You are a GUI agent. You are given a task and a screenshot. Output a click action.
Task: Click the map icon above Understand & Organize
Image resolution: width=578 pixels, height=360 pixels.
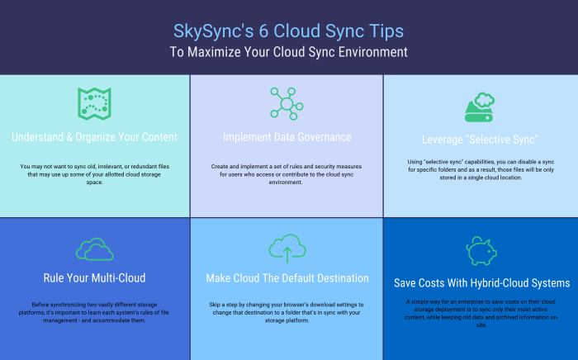click(x=95, y=102)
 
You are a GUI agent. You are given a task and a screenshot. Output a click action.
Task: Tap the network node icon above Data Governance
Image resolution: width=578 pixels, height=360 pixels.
click(x=287, y=104)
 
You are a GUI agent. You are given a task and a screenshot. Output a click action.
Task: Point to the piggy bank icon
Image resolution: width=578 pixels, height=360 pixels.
click(x=480, y=249)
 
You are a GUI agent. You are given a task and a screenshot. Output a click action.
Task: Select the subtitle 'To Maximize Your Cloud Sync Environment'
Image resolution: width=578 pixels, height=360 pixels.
click(x=288, y=52)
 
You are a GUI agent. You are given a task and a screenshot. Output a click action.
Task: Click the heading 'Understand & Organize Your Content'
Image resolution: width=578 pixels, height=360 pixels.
click(x=95, y=137)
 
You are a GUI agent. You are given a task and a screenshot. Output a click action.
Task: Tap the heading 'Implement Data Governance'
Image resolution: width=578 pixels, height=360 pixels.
click(x=287, y=137)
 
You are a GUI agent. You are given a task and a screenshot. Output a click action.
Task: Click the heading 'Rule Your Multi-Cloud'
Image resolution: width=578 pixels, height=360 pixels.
click(x=95, y=277)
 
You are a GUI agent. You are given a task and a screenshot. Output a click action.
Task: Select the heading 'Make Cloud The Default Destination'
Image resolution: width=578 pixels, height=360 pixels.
click(x=287, y=278)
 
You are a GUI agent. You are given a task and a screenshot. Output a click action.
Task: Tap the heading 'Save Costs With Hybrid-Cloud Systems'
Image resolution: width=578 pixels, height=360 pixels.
click(x=480, y=283)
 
